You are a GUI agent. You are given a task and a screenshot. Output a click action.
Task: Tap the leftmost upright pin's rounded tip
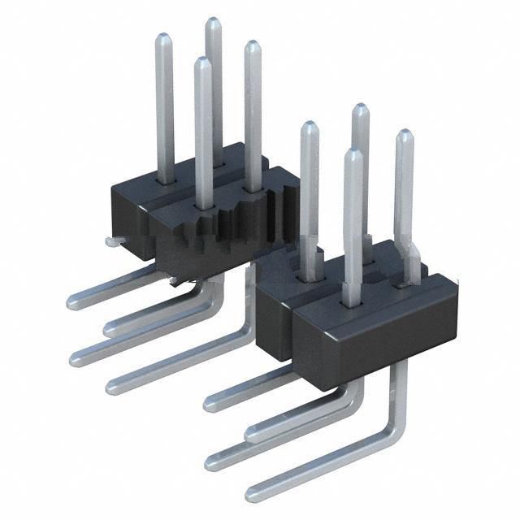pos(163,37)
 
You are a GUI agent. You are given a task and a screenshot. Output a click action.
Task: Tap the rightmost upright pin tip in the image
pos(404,134)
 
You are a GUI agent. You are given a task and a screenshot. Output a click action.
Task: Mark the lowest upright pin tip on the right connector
pos(353,154)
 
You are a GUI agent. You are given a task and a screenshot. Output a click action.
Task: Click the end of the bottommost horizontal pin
pos(253,493)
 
